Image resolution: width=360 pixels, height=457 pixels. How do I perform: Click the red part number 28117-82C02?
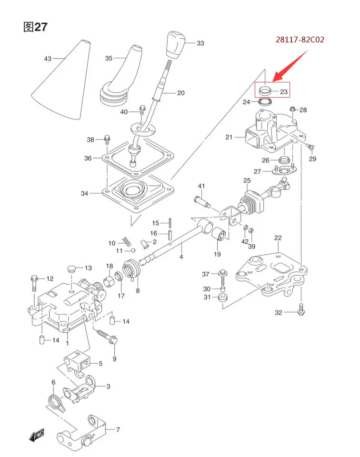coord(300,40)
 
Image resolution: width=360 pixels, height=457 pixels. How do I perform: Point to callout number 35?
coord(109,59)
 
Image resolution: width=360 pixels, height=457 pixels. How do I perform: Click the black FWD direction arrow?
coord(36,435)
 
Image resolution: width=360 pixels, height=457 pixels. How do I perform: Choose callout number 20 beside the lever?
coord(180,93)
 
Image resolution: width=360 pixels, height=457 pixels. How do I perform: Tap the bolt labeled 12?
coord(34,284)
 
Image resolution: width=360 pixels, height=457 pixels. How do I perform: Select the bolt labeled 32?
coord(301,310)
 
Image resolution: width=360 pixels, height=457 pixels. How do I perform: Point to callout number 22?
coord(278,238)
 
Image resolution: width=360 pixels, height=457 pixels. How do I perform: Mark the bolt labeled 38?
coord(107,140)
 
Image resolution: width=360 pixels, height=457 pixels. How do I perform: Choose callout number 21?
coord(229,138)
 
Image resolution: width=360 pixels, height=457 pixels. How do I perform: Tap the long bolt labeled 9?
coord(107,337)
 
